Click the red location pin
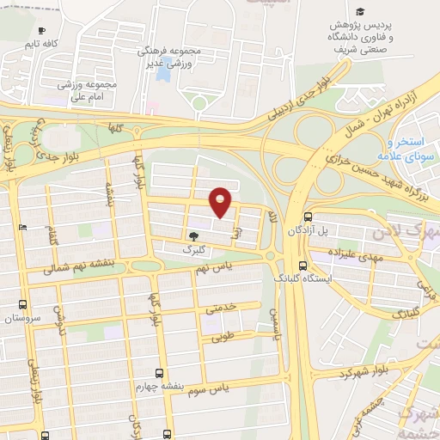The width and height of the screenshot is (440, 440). pyautogui.click(x=222, y=201)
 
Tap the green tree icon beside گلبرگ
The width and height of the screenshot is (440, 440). pyautogui.click(x=192, y=235)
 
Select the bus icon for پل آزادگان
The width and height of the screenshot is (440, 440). pyautogui.click(x=309, y=218)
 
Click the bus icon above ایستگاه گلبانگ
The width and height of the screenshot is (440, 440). pyautogui.click(x=302, y=266)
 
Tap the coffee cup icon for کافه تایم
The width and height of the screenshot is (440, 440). pyautogui.click(x=41, y=31)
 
